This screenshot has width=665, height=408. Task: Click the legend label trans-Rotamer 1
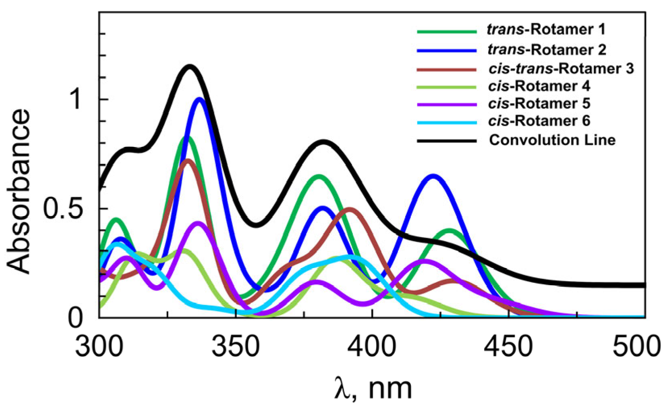pos(546,30)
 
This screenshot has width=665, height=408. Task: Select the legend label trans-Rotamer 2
pos(546,50)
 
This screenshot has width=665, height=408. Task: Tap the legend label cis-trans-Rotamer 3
pos(561,68)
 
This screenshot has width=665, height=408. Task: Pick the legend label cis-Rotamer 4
pos(539,86)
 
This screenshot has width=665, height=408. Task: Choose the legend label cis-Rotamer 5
pos(539,104)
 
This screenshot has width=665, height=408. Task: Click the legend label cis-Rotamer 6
pos(539,121)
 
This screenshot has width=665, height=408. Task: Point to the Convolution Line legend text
pos(552,140)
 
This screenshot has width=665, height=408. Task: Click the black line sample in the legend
pos(447,141)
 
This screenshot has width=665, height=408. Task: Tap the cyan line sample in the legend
pos(447,122)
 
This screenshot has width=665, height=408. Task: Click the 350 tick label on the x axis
pos(236,346)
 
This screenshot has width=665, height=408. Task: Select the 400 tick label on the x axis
pos(372,346)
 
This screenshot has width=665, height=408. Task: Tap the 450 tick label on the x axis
pos(509,346)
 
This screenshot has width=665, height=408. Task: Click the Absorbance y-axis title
pos(19,191)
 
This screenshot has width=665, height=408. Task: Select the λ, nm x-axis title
pos(373,389)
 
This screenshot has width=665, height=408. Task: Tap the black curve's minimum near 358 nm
pos(256,225)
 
